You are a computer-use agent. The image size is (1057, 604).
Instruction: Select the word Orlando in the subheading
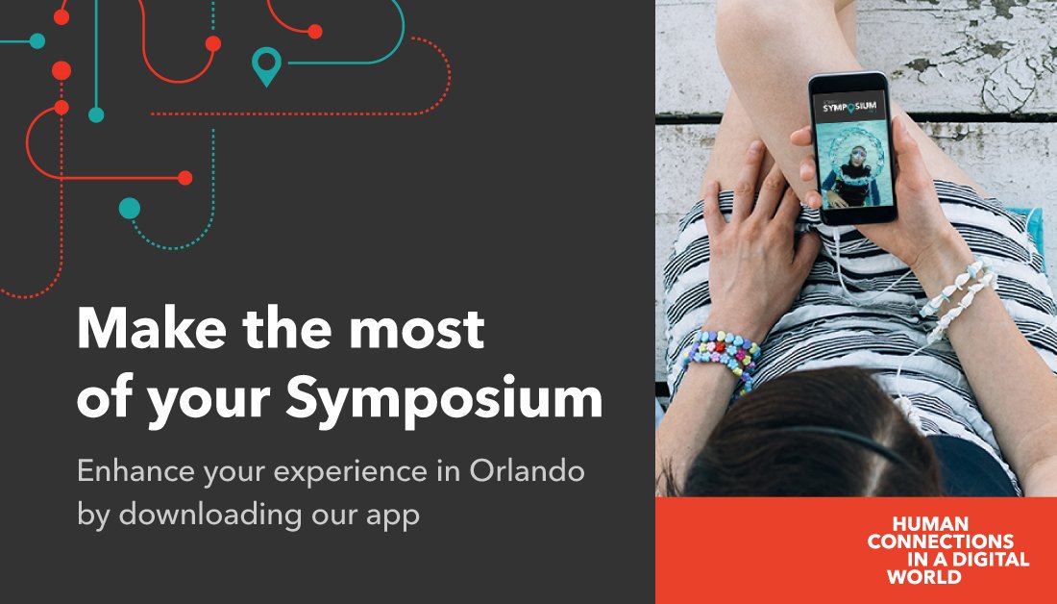(528, 472)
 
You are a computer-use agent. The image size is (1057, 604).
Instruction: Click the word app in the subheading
(391, 515)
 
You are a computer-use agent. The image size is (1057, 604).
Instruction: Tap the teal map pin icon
(265, 66)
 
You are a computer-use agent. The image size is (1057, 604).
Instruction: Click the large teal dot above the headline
(129, 209)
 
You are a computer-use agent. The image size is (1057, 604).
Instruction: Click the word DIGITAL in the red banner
(983, 560)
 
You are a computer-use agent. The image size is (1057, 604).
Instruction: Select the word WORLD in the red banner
(923, 577)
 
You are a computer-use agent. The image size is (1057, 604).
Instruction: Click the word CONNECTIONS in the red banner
(940, 541)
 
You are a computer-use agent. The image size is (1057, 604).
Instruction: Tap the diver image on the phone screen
(851, 168)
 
